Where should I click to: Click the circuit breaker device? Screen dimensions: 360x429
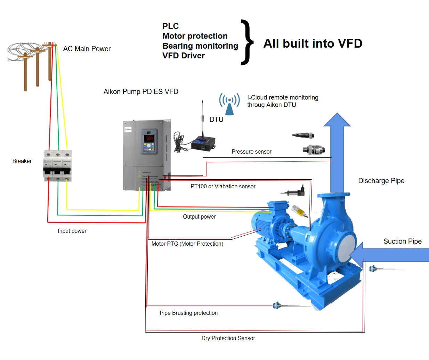tap(57, 165)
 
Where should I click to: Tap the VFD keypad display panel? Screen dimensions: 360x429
tap(149, 142)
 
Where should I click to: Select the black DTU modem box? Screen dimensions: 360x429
tap(203, 143)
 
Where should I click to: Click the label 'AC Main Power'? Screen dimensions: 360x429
tap(87, 49)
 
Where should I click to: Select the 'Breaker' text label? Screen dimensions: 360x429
tap(22, 161)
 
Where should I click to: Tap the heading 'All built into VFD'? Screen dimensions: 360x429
tap(313, 43)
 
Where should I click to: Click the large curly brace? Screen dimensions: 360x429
tap(247, 42)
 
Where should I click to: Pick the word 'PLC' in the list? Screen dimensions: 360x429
tap(170, 26)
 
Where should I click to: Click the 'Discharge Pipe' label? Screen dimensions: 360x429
tap(381, 181)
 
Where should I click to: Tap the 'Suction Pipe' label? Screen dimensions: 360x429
tap(402, 241)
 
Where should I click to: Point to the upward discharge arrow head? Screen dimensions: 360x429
tap(337, 120)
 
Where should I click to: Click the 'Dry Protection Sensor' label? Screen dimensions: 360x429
tap(228, 338)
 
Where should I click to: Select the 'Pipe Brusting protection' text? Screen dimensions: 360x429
tap(188, 313)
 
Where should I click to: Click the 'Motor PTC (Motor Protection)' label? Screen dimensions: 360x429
tap(187, 244)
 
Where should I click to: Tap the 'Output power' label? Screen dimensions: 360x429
tap(199, 216)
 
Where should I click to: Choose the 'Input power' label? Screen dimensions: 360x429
tap(72, 231)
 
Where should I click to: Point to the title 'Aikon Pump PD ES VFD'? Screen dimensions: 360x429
tap(141, 91)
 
